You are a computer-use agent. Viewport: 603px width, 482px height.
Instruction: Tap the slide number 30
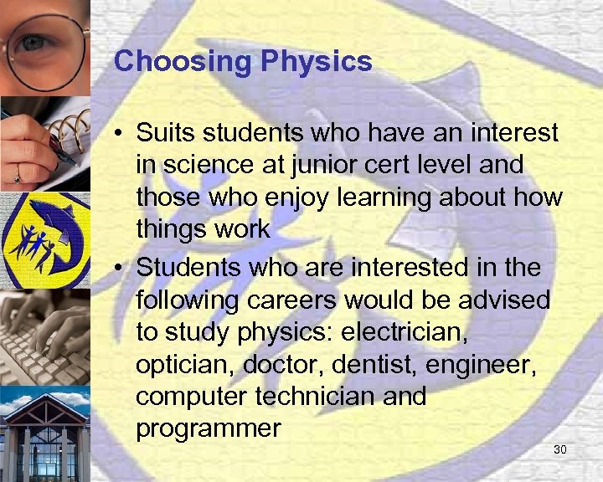[x=560, y=450]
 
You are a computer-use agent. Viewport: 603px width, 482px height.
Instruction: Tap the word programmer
[x=208, y=428]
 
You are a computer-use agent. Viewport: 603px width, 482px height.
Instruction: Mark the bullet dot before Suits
[x=121, y=133]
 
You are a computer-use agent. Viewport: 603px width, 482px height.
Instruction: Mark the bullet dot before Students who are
[x=121, y=268]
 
